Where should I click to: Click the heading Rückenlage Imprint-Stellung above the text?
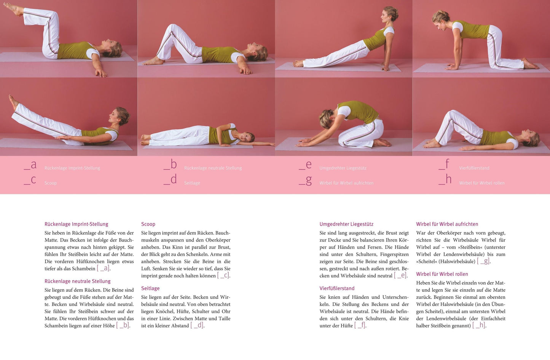pyautogui.click(x=76, y=224)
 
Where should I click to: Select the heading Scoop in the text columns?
pyautogui.click(x=148, y=224)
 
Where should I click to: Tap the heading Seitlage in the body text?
pyautogui.click(x=150, y=288)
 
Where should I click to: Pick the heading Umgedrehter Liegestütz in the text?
pyautogui.click(x=346, y=224)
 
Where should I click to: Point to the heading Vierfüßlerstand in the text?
pyautogui.click(x=337, y=288)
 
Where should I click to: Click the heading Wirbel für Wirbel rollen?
pyautogui.click(x=442, y=274)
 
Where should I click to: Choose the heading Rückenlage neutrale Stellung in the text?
pyautogui.click(x=77, y=281)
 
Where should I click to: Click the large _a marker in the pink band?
pyautogui.click(x=30, y=165)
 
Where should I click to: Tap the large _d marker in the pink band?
pyautogui.click(x=170, y=179)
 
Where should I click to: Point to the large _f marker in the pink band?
pyautogui.click(x=444, y=164)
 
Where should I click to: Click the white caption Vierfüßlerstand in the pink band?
pyautogui.click(x=474, y=168)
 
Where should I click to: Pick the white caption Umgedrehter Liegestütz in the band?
pyautogui.click(x=343, y=168)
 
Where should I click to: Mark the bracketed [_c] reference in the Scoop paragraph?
pyautogui.click(x=223, y=275)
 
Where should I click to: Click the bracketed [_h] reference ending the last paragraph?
pyautogui.click(x=479, y=325)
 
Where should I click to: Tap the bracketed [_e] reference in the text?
pyautogui.click(x=400, y=275)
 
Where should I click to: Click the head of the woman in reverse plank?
pyautogui.click(x=390, y=14)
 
